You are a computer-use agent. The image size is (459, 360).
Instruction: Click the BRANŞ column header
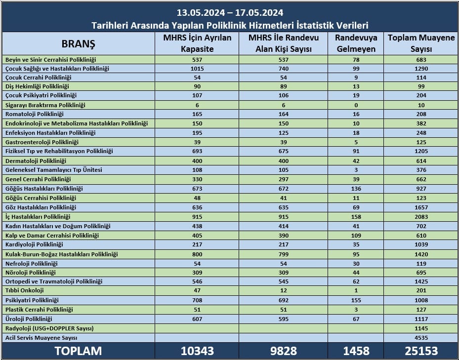click(x=78, y=43)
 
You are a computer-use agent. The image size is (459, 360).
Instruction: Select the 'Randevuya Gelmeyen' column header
click(x=356, y=43)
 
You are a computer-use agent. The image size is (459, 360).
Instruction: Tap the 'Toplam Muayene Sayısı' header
click(x=421, y=43)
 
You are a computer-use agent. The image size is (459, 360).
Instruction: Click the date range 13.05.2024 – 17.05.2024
click(x=230, y=13)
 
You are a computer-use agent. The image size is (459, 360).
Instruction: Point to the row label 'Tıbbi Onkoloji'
click(x=25, y=291)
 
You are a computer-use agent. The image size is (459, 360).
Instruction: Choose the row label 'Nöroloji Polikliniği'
click(x=31, y=273)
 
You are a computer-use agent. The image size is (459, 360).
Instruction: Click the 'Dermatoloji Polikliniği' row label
click(x=36, y=160)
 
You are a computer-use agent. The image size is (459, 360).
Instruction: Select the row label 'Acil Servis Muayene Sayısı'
click(x=42, y=338)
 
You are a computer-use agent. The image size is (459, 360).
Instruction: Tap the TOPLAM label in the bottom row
click(x=78, y=351)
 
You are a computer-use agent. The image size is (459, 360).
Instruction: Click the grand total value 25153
click(x=421, y=351)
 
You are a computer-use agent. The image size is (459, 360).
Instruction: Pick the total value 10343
click(x=197, y=351)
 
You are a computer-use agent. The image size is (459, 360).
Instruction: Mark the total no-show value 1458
click(x=356, y=351)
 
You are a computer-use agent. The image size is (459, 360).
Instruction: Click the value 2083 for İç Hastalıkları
click(x=421, y=217)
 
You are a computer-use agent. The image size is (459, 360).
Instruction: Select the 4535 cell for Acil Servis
click(x=421, y=338)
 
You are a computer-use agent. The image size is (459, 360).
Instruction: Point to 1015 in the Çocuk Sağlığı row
click(x=197, y=69)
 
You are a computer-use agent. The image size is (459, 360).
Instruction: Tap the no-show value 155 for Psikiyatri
click(x=356, y=300)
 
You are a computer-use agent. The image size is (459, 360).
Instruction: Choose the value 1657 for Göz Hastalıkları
click(x=421, y=207)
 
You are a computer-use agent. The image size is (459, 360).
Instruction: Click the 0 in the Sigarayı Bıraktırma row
click(x=356, y=105)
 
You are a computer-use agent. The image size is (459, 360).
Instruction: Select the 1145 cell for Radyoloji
click(x=421, y=328)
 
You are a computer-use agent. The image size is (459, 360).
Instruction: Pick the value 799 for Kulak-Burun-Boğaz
click(x=284, y=254)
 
